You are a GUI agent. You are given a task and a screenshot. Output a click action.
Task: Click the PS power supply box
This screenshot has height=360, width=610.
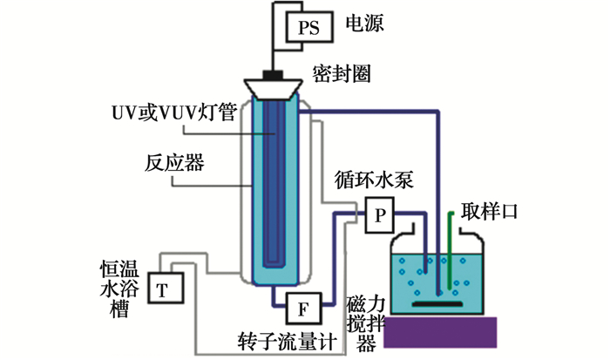(x=310, y=27)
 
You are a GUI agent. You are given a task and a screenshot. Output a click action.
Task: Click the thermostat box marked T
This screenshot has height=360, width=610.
(x=162, y=288)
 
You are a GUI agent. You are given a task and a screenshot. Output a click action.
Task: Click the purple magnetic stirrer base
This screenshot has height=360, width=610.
(x=439, y=336)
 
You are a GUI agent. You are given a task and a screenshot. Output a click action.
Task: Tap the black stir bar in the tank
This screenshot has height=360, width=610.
(x=437, y=305)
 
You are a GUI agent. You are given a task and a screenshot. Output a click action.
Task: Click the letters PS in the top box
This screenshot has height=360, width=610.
(x=310, y=28)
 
